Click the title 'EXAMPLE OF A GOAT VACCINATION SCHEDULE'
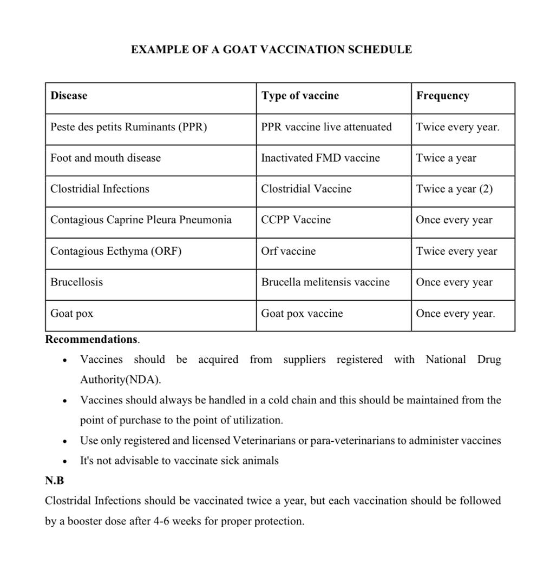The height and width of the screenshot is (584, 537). [271, 50]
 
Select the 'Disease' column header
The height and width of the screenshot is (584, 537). [69, 96]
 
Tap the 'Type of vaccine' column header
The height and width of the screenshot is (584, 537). [300, 96]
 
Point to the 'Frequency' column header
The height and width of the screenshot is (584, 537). [442, 96]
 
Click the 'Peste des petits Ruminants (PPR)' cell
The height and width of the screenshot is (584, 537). [128, 127]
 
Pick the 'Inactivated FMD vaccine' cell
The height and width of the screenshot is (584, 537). [320, 158]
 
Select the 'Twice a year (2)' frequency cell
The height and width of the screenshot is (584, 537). [454, 189]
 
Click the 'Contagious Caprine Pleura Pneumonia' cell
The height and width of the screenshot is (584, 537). [141, 220]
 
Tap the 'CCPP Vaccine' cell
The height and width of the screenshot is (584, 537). [296, 220]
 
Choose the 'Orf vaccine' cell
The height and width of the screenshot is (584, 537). [288, 251]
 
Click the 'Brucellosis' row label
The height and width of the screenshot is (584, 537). [76, 282]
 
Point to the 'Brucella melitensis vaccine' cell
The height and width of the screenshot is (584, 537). [325, 282]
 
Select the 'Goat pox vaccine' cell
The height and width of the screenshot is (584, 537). [302, 314]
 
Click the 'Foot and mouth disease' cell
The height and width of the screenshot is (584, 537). [106, 158]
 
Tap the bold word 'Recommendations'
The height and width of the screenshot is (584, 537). [91, 340]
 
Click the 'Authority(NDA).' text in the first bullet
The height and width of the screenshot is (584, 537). [120, 380]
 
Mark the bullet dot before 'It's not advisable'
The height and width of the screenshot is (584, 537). [65, 461]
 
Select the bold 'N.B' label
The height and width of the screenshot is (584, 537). [54, 480]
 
